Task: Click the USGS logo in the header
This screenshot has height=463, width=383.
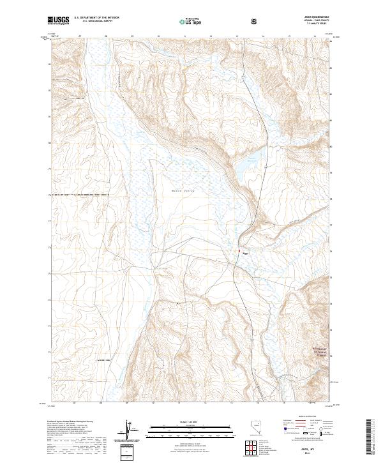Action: (x=58, y=20)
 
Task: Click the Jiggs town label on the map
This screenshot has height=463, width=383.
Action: (x=245, y=253)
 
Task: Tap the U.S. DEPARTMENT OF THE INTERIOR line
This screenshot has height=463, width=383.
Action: (x=96, y=17)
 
